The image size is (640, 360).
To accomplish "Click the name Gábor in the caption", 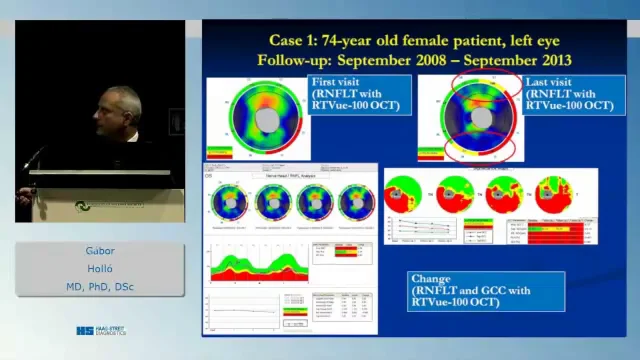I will (x=100, y=252).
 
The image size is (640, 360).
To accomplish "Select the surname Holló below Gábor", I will (x=100, y=270).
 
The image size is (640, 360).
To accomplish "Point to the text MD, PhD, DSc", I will (x=100, y=288).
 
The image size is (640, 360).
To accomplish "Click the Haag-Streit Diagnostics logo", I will (x=101, y=330).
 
